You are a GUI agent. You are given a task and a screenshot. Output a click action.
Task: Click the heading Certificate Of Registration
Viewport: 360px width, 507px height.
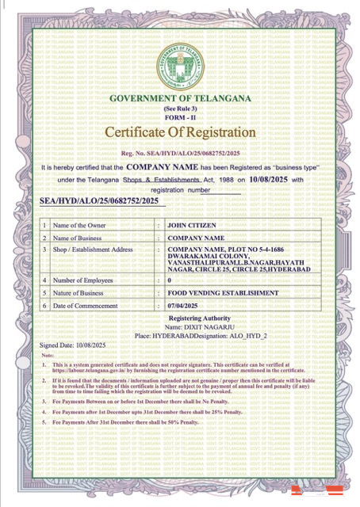pos(180,132)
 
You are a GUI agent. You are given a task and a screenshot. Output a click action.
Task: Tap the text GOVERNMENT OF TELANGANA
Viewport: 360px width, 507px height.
pos(180,97)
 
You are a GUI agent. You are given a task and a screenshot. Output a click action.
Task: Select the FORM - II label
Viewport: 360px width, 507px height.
pos(180,115)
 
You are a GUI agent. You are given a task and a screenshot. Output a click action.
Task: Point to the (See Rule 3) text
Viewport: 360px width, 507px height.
pos(180,107)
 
